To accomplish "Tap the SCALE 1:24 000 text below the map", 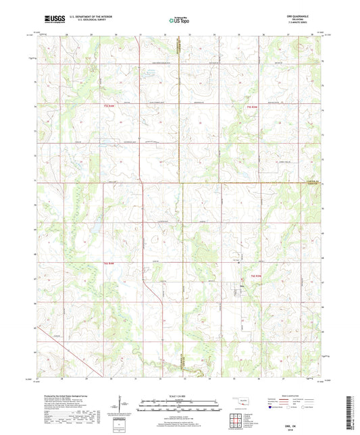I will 179,395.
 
